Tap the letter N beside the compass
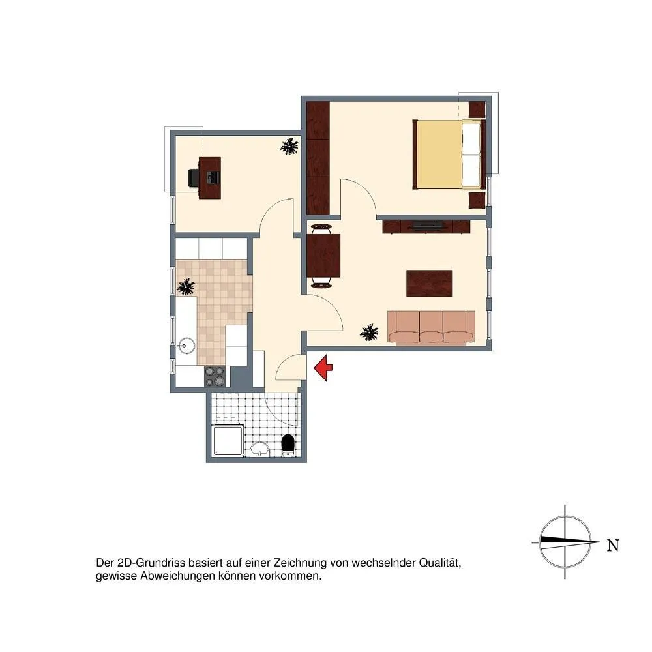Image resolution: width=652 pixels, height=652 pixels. click(613, 545)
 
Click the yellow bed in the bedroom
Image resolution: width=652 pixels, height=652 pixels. click(447, 155)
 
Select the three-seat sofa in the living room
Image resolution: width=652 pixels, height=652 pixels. click(431, 327)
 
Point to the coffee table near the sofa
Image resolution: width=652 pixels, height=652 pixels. click(429, 284)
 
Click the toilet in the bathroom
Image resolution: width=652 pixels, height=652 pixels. click(288, 445)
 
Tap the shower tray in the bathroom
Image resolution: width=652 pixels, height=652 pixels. click(227, 441)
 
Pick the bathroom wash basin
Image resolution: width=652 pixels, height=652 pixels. click(260, 449)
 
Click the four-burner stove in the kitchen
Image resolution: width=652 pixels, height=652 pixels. click(215, 376)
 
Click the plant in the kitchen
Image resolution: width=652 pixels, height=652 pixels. click(185, 286)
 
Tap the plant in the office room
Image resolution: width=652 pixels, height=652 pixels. click(289, 146)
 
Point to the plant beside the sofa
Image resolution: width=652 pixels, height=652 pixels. click(369, 333)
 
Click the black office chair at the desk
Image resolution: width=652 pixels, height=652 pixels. click(194, 178)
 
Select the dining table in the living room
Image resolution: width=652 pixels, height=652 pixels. click(323, 256)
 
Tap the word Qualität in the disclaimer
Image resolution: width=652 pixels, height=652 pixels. click(440, 563)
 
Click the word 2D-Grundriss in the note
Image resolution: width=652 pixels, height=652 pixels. click(151, 563)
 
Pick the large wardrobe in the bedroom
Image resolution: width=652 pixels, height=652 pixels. click(318, 158)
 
